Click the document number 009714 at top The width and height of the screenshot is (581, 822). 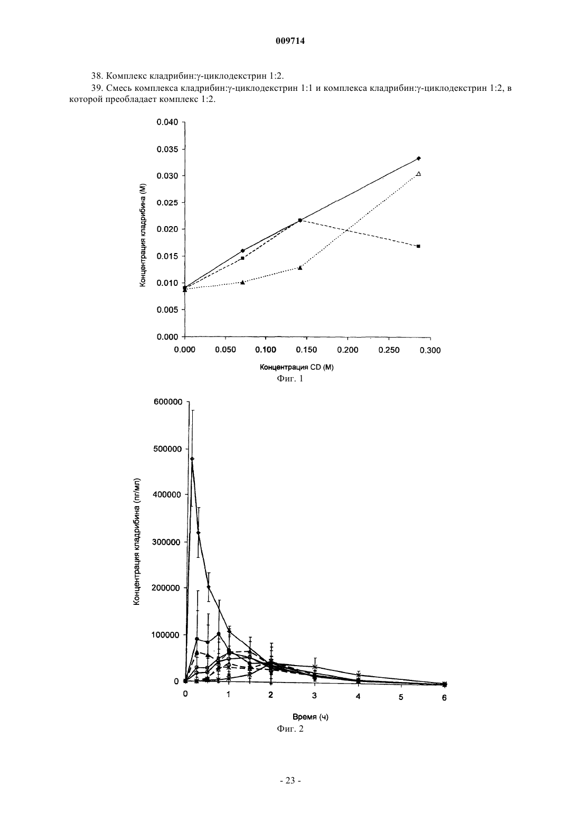tap(290, 41)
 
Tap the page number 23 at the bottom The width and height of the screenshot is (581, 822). tap(290, 781)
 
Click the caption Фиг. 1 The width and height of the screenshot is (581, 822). tap(290, 379)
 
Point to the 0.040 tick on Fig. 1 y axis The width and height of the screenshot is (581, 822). tap(167, 122)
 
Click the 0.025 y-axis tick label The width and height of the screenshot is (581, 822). tap(167, 203)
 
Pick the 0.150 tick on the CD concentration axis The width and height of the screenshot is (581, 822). tap(307, 350)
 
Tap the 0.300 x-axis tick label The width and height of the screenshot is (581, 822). tap(430, 350)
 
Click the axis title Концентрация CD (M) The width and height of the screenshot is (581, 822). tap(297, 367)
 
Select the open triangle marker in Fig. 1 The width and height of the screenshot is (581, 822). tap(419, 174)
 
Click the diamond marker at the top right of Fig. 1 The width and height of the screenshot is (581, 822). tap(419, 158)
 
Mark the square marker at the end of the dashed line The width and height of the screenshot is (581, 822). tap(418, 246)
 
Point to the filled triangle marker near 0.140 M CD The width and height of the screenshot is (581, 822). tap(300, 268)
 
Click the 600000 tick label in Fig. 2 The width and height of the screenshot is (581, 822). tap(168, 402)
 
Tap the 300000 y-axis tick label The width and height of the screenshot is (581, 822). tap(168, 542)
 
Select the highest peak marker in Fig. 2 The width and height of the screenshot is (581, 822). tap(192, 459)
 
